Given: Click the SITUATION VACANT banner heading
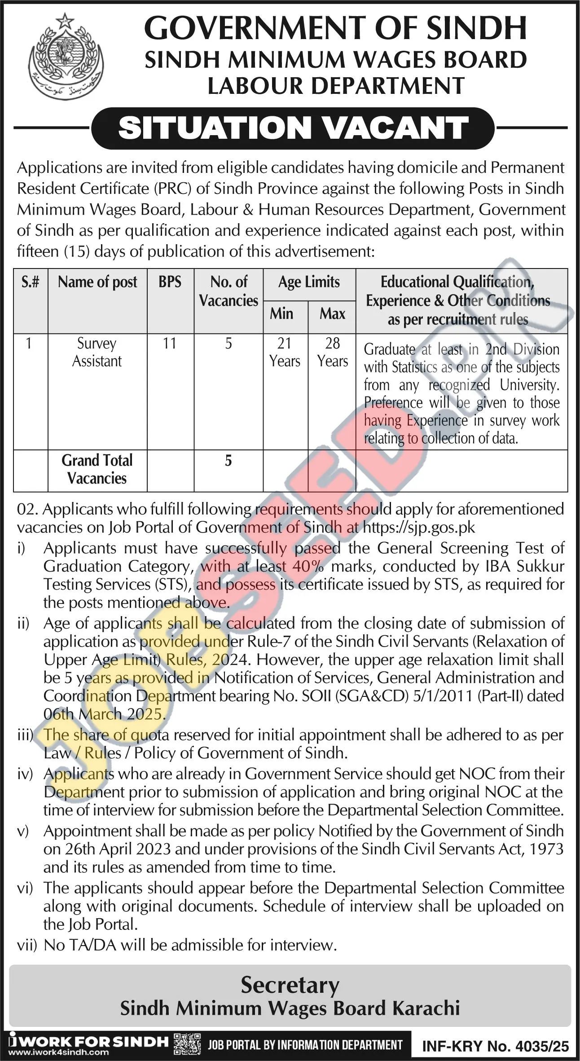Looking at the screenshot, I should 293,128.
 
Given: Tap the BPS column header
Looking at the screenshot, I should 170,282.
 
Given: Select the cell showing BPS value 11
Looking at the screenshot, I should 170,343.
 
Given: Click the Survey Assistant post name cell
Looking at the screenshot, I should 97,352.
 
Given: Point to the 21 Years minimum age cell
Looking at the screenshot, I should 285,352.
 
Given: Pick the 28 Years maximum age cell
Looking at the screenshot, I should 332,352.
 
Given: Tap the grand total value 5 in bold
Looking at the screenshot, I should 228,461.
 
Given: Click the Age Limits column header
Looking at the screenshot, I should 309,282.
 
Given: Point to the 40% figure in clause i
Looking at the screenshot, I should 308,566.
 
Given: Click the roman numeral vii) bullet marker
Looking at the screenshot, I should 26,945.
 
